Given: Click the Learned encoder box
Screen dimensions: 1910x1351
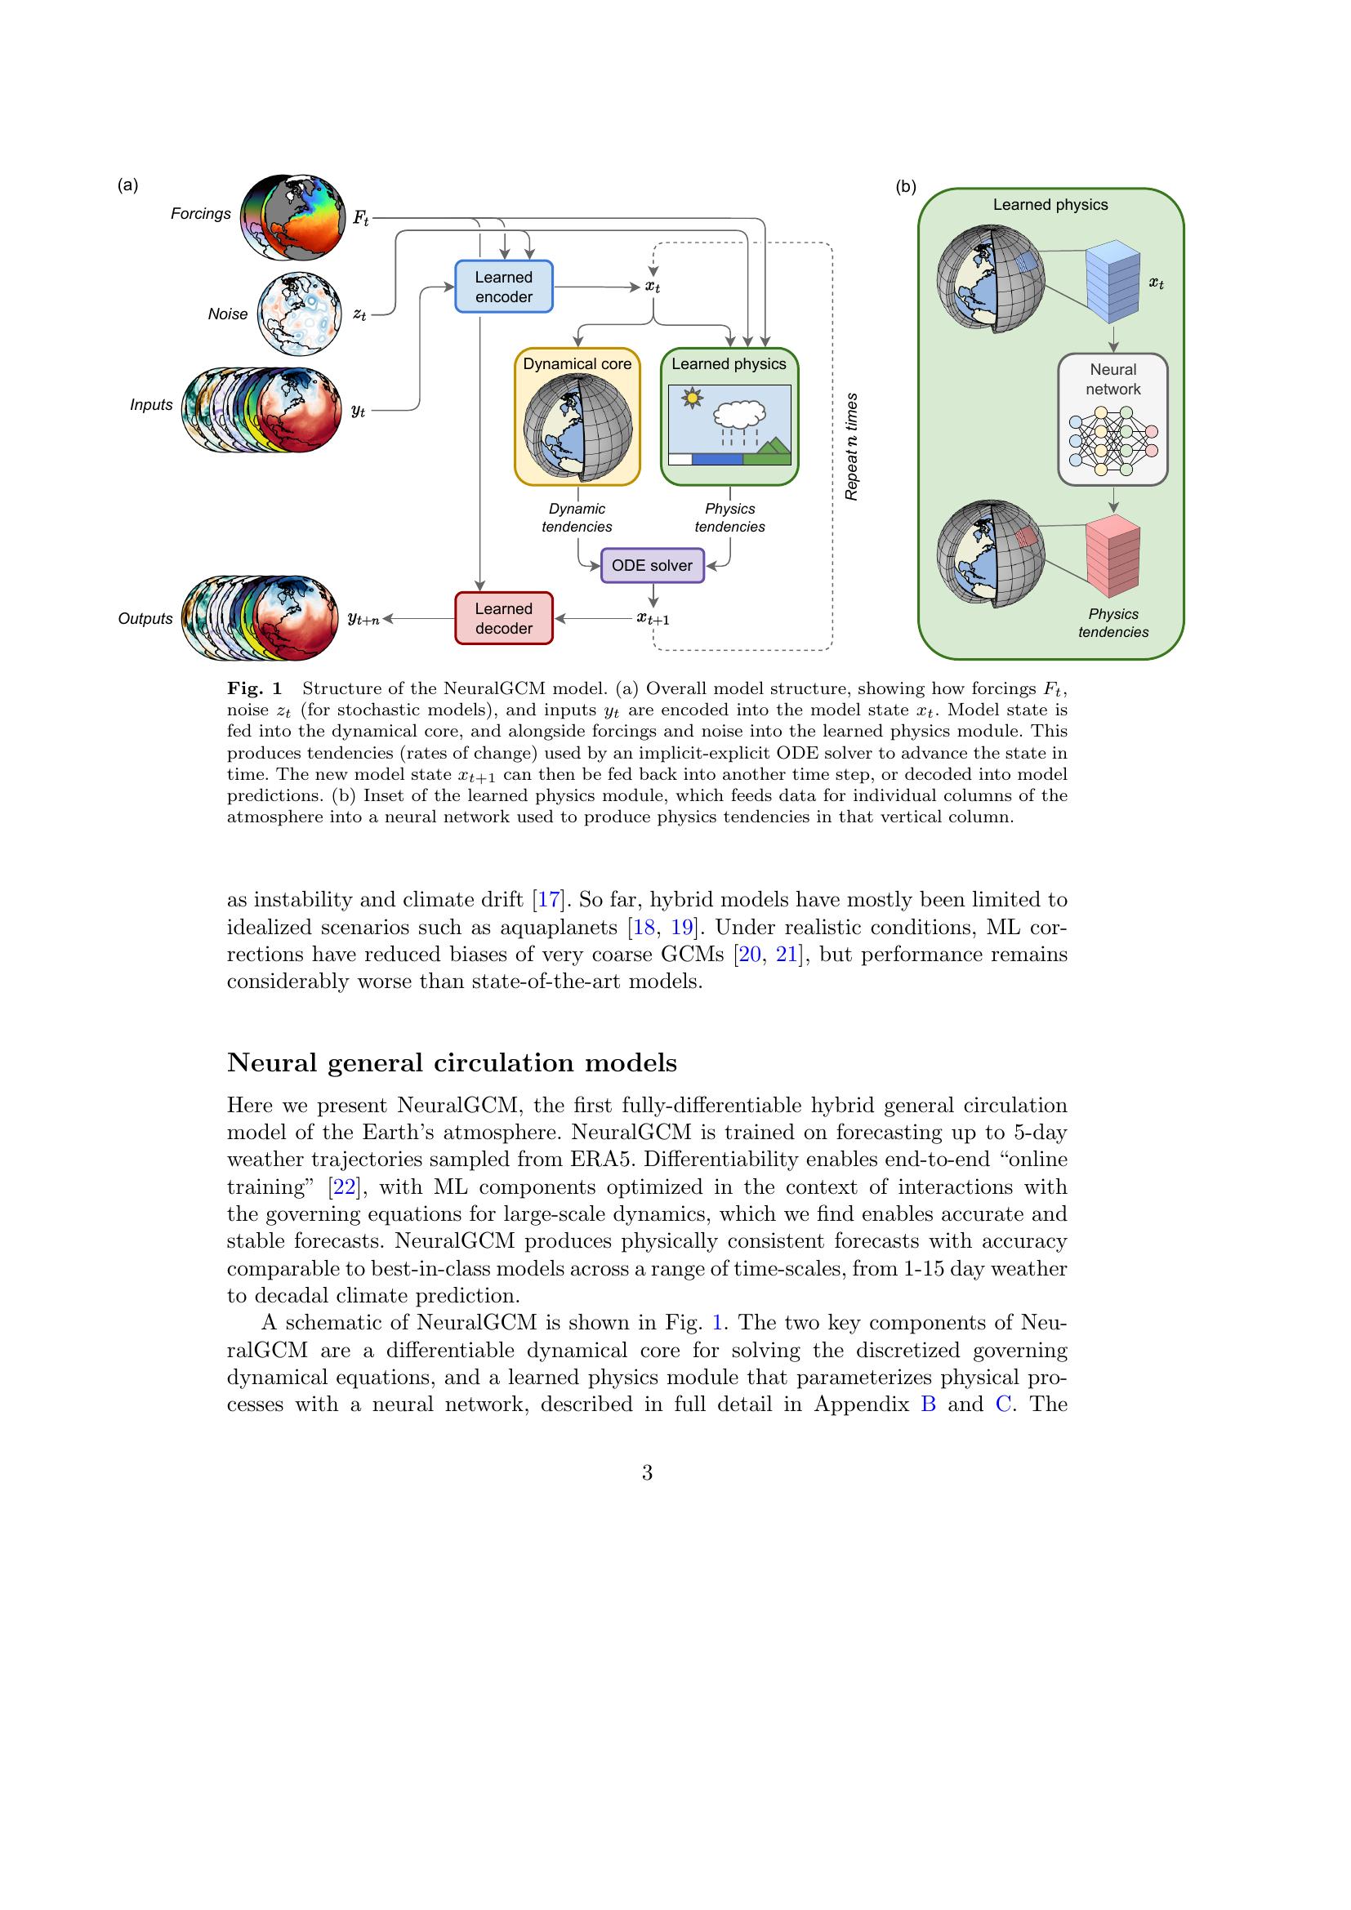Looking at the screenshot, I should point(503,287).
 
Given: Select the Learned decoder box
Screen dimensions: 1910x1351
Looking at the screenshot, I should point(503,618).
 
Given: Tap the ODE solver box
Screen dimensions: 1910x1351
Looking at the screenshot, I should point(652,566).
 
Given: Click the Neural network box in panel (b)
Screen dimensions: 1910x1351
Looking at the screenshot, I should point(1113,419).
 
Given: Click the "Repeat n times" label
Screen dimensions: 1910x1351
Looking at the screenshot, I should point(851,447).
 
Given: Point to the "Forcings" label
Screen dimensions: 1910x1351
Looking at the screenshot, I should point(200,214).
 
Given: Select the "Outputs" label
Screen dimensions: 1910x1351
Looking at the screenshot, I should point(145,619).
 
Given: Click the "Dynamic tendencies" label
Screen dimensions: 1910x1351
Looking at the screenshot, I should point(577,518).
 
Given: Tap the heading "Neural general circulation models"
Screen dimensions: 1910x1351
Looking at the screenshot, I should point(452,1063).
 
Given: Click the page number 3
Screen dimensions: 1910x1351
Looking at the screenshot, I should point(647,1473).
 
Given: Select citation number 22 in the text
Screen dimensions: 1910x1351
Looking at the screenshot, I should point(345,1187).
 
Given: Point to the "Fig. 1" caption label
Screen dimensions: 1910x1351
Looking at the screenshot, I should point(255,689).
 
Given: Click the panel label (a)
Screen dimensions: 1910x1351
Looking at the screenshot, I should point(127,185).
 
